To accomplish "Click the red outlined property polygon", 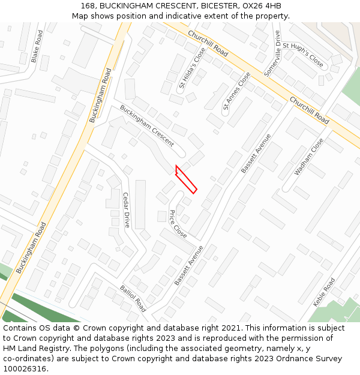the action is click(x=186, y=179).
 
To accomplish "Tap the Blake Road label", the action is click(x=37, y=46).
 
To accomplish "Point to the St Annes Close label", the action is click(x=236, y=92).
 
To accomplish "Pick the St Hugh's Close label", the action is click(x=303, y=55).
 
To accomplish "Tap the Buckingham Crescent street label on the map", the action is click(x=146, y=126).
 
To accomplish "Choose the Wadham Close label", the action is click(x=308, y=157).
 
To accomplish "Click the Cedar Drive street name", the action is click(x=126, y=209).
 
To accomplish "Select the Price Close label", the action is click(x=178, y=223).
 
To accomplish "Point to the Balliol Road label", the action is click(x=133, y=298).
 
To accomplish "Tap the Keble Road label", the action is click(x=324, y=292).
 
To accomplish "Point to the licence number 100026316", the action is click(x=26, y=369).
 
